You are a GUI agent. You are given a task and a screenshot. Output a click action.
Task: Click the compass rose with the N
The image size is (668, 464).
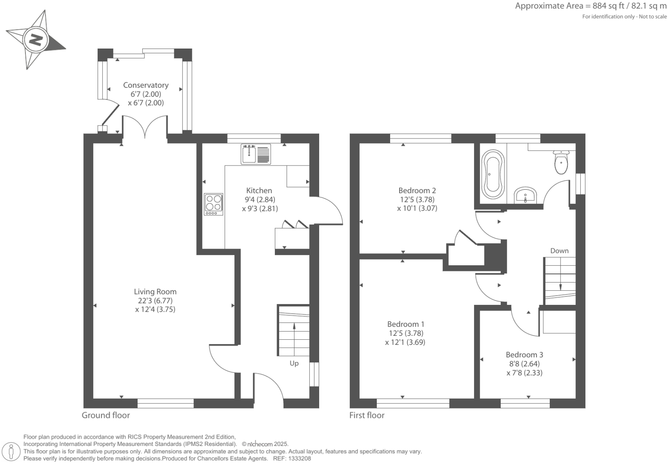coord(35,40)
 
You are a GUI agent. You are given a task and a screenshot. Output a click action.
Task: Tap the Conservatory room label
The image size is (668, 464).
coord(146,85)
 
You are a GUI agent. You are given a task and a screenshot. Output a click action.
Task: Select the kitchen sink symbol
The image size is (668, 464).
coord(256,154)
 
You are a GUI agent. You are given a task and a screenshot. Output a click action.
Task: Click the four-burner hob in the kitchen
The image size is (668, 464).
coord(213,204)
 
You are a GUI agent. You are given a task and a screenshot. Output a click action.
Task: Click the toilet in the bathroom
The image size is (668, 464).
coord(561,163)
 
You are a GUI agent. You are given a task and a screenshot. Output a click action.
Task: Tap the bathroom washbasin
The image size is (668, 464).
coord(525,195)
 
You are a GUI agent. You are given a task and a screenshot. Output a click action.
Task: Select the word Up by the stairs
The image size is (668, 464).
coord(294,363)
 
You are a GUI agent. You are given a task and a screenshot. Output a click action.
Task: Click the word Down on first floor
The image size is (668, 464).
coord(559,251)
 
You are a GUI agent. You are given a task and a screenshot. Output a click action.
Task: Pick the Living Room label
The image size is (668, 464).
coord(155,292)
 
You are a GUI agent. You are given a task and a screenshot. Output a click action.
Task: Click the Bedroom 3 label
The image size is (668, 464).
coord(524,355)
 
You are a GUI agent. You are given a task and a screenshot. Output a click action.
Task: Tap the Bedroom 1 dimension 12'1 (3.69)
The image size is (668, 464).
coord(406,342)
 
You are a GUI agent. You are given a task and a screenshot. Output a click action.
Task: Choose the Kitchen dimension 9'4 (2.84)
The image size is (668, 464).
coord(259,200)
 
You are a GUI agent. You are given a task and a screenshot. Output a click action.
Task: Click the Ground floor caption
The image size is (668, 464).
coord(106,415)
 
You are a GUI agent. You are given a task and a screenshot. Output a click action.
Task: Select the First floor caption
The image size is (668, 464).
coord(367,415)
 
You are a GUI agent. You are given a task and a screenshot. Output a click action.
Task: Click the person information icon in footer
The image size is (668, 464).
coord(12,451)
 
